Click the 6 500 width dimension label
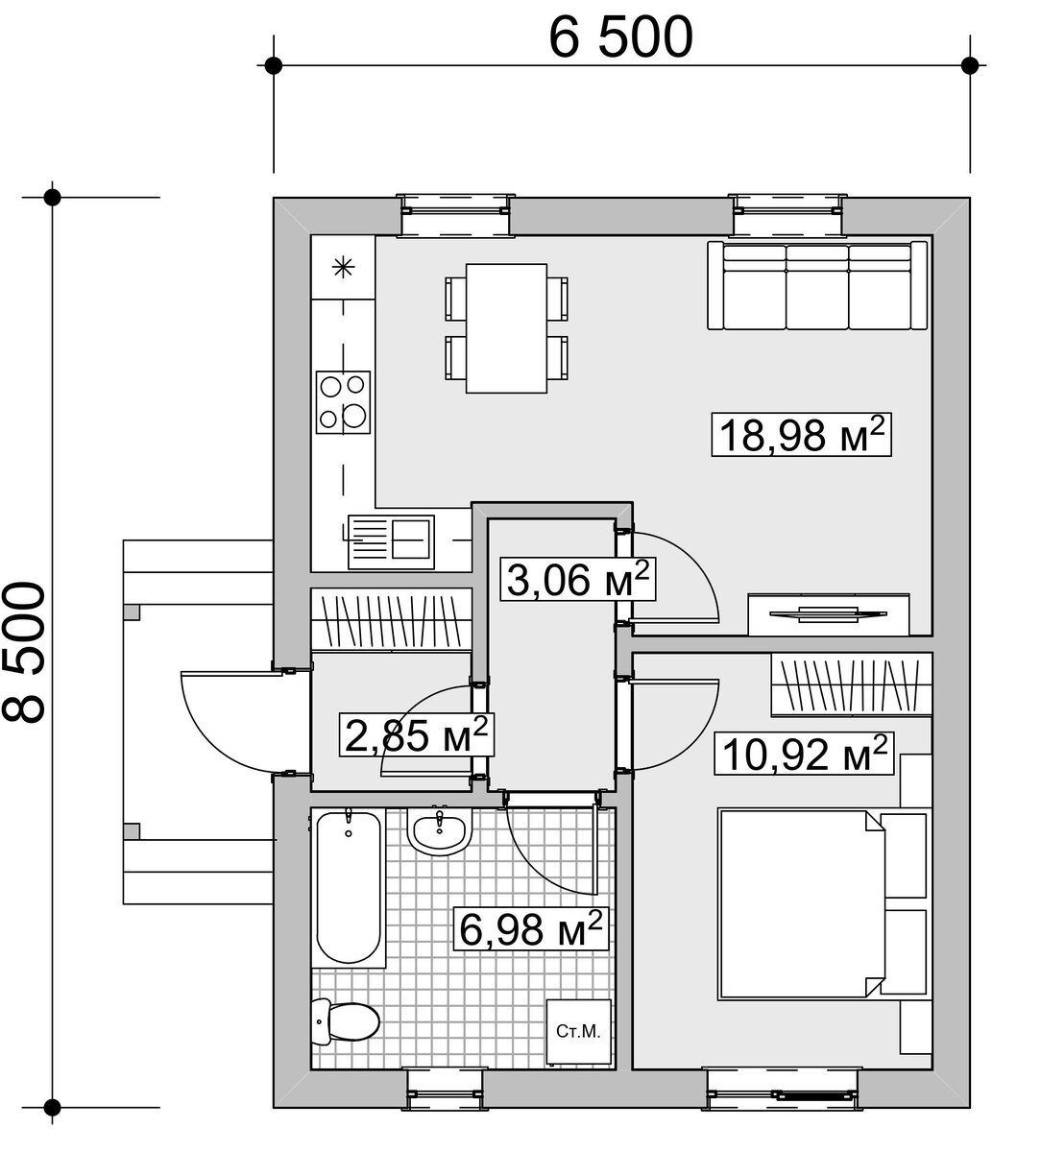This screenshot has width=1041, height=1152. [621, 37]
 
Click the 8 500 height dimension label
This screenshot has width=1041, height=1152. [24, 653]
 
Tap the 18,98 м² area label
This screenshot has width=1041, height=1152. [802, 435]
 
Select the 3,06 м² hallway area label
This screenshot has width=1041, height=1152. [578, 580]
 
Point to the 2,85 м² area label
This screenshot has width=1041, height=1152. [417, 735]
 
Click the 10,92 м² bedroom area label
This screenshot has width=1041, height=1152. [805, 754]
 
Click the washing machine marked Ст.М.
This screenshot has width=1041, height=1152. [578, 1032]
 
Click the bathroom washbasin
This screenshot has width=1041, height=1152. [440, 832]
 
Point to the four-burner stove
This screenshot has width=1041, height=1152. [343, 402]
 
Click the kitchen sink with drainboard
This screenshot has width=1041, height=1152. [391, 541]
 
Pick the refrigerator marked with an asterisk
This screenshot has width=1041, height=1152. [343, 267]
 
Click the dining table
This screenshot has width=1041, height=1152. [506, 328]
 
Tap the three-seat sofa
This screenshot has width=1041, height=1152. [817, 285]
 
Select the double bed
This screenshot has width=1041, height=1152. [823, 904]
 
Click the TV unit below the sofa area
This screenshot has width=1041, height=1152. [829, 614]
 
